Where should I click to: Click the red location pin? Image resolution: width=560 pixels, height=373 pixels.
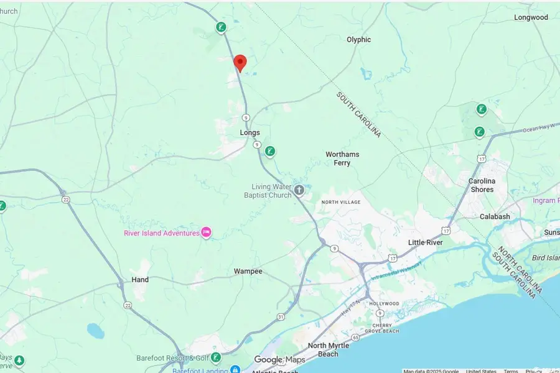click(240, 63)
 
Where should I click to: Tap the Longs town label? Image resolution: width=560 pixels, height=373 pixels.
click(250, 132)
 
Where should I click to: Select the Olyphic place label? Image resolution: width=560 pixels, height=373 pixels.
click(358, 40)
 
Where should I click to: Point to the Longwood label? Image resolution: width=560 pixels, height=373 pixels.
click(531, 17)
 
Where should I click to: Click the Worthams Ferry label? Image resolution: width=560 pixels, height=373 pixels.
click(342, 159)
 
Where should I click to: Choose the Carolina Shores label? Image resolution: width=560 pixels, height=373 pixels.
click(481, 185)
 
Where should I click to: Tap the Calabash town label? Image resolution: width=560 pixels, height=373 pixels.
click(495, 216)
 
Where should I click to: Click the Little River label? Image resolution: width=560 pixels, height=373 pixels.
click(425, 242)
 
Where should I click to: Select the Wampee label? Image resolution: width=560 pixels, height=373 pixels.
click(248, 272)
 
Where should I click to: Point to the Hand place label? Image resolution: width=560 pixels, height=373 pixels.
click(140, 280)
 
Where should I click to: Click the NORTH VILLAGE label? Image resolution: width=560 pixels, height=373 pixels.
click(341, 203)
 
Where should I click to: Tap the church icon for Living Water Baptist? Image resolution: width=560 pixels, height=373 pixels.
click(299, 190)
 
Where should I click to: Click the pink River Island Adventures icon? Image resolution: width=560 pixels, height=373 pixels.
click(207, 233)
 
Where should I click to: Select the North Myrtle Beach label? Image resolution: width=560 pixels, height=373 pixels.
click(324, 350)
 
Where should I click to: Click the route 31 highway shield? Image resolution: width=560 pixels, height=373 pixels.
click(281, 317)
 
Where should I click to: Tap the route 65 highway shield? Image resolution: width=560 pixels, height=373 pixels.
click(355, 337)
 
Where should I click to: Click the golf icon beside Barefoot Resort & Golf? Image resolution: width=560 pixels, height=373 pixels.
click(215, 357)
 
